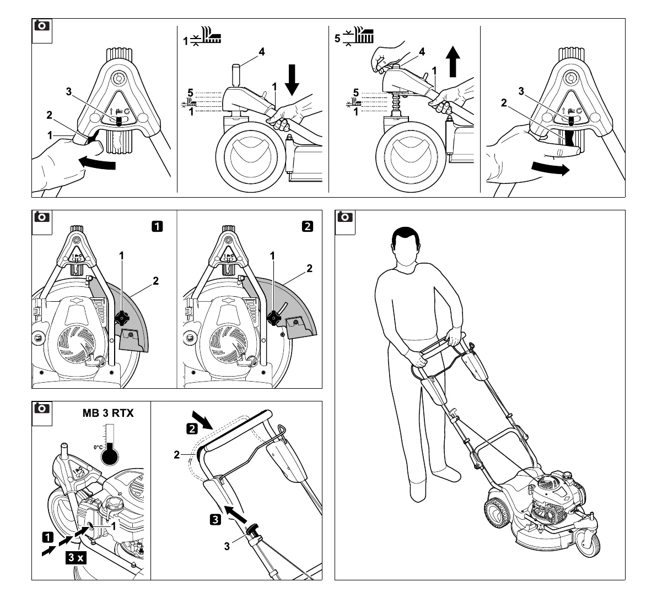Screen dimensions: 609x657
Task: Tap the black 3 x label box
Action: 76,557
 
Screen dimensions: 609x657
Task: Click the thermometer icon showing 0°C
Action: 110,453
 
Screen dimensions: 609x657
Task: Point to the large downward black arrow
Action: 292,83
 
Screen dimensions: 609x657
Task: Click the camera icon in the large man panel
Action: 345,217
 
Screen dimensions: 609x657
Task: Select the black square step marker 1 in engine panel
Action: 158,226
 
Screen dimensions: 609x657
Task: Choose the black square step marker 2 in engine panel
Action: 308,226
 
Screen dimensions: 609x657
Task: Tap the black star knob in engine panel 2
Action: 273,317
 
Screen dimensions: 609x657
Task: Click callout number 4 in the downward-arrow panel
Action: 262,52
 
